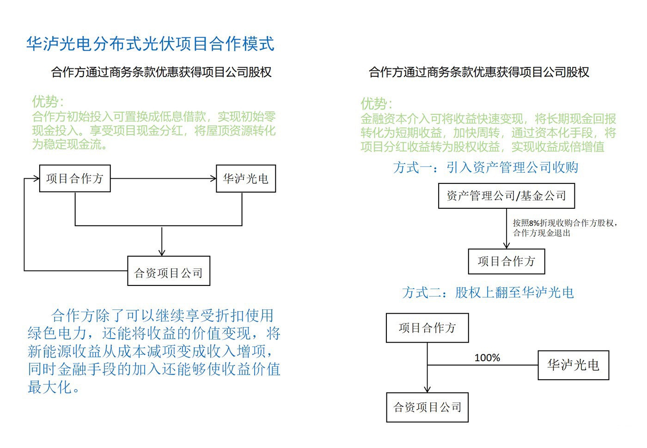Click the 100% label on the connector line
point(487,357)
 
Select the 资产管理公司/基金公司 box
point(507,196)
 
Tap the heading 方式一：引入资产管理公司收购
point(486,167)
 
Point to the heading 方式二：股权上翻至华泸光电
point(488,292)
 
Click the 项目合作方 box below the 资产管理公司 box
point(507,261)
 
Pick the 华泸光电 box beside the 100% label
point(574,365)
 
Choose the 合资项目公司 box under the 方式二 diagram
point(427,407)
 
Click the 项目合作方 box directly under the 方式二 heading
point(427,328)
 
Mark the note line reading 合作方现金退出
point(542,233)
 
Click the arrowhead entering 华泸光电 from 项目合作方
point(214,178)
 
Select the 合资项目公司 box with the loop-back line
point(169,271)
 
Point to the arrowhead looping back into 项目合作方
point(37,178)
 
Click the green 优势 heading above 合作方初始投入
point(48,102)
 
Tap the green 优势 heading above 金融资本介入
point(376,103)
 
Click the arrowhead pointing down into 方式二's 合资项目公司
point(427,389)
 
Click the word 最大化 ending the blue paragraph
point(50,387)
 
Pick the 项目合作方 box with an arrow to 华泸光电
point(75,178)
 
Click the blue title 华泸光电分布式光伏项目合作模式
point(150,44)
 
